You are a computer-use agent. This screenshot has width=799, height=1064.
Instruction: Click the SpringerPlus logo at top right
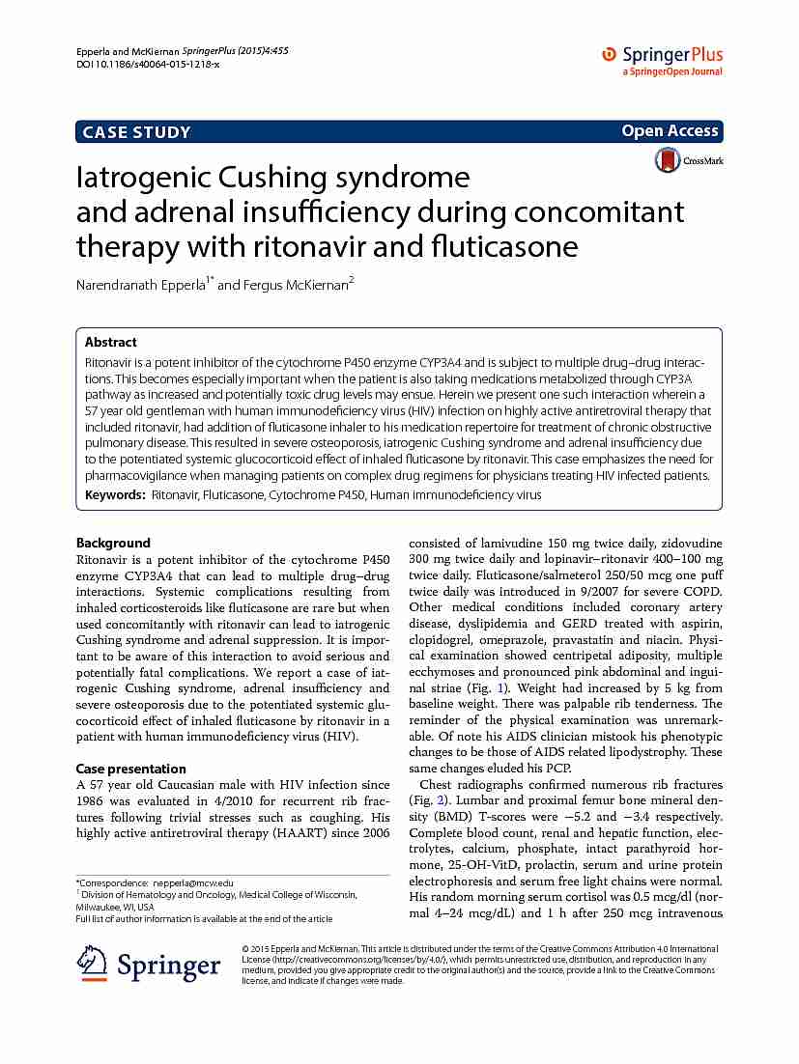point(662,60)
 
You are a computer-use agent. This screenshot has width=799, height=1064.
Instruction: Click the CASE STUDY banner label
point(136,132)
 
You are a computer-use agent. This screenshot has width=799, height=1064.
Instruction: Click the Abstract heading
point(111,342)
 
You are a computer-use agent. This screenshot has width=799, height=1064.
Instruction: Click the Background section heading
point(113,543)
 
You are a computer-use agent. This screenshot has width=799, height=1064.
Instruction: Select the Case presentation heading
point(131,769)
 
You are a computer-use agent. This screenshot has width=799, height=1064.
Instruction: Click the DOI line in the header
point(147,63)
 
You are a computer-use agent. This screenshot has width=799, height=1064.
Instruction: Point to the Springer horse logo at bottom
point(92,964)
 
